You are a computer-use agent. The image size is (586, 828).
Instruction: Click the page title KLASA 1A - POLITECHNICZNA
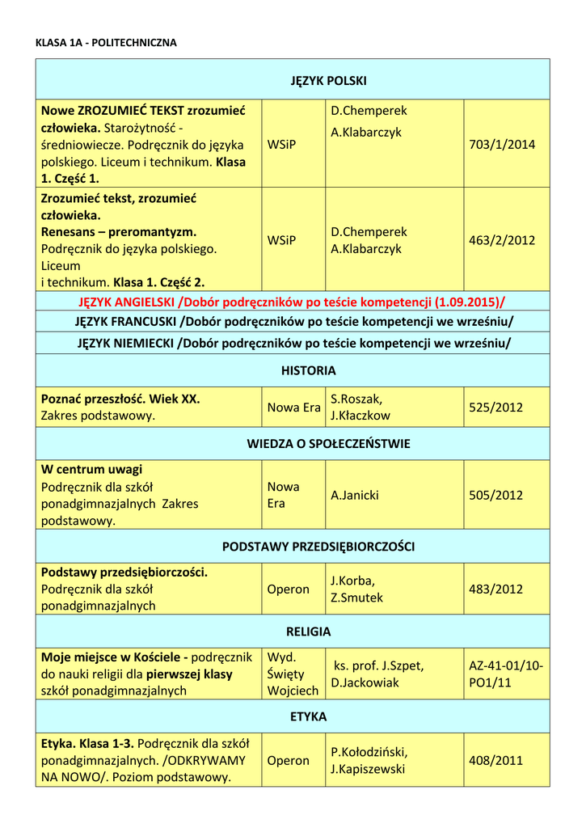coord(106,42)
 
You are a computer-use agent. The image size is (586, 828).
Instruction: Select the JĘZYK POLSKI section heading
coord(329,81)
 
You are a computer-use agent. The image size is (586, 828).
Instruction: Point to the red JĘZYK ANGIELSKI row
coord(292,302)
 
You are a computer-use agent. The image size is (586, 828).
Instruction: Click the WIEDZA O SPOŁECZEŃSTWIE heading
coord(328,444)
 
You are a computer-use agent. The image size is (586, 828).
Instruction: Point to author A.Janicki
coord(355,495)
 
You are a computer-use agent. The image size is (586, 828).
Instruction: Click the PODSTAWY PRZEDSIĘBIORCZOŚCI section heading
coord(318,547)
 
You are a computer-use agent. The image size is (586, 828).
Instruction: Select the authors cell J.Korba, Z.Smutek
coord(357,589)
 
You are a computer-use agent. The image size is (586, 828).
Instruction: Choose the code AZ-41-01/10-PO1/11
coord(506,674)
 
